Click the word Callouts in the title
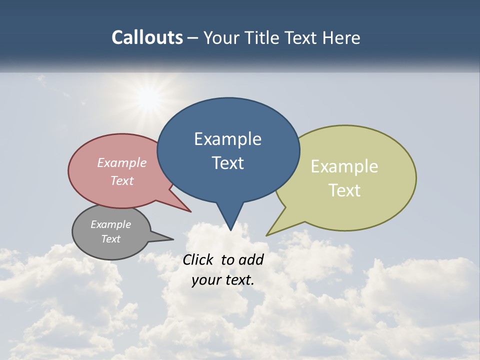click(x=147, y=37)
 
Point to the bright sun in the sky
click(x=148, y=98)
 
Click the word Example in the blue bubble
click(x=227, y=139)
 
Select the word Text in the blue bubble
click(x=228, y=163)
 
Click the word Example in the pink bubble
click(x=121, y=162)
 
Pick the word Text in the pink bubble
click(x=121, y=180)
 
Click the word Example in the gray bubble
click(x=110, y=224)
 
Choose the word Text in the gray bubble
click(x=110, y=239)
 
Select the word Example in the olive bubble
click(x=344, y=166)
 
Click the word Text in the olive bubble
click(x=345, y=190)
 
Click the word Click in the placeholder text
click(x=198, y=260)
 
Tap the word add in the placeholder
click(x=251, y=260)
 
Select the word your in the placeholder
click(x=204, y=280)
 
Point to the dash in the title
click(x=193, y=38)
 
